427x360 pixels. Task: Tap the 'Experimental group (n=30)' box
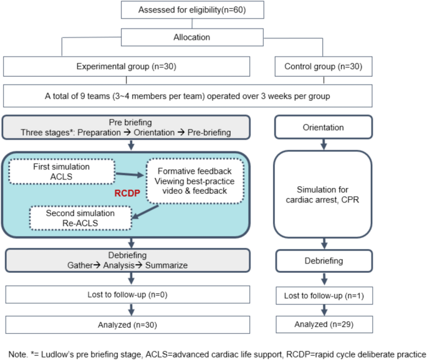(128, 67)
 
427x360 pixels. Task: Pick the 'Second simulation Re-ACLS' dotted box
(80, 219)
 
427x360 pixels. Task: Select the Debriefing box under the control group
(322, 261)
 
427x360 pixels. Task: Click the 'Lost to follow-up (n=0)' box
(128, 294)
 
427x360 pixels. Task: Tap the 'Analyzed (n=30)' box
(128, 325)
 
